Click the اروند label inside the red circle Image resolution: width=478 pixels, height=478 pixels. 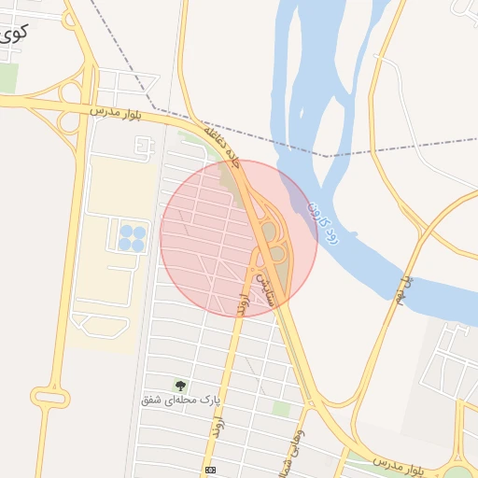pyautogui.click(x=242, y=304)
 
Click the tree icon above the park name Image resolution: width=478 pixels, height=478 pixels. pyautogui.click(x=179, y=385)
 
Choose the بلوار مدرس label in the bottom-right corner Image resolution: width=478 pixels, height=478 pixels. pyautogui.click(x=398, y=463)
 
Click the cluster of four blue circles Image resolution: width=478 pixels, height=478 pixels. pyautogui.click(x=132, y=238)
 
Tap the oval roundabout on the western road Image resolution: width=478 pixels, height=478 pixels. pyautogui.click(x=49, y=398)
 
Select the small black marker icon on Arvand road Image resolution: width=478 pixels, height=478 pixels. pyautogui.click(x=210, y=470)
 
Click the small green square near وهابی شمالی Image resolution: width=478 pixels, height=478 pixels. pyautogui.click(x=281, y=409)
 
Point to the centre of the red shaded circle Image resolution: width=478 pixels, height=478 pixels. pyautogui.click(x=239, y=238)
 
